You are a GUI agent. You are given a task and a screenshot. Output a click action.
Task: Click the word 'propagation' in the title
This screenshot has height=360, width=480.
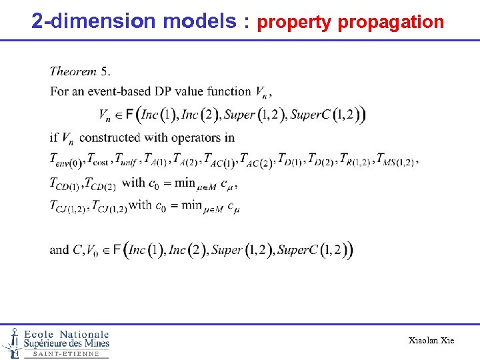[391, 22]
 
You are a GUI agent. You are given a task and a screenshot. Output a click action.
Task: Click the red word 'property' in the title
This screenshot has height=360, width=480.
[294, 22]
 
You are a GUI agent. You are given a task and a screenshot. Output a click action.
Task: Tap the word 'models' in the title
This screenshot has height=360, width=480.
[202, 21]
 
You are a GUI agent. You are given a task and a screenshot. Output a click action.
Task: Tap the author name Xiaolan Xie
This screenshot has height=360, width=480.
[431, 341]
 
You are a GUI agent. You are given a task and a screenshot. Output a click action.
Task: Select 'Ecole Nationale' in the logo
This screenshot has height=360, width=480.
[66, 334]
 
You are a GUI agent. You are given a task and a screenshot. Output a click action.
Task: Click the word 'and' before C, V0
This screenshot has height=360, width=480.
[59, 250]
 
